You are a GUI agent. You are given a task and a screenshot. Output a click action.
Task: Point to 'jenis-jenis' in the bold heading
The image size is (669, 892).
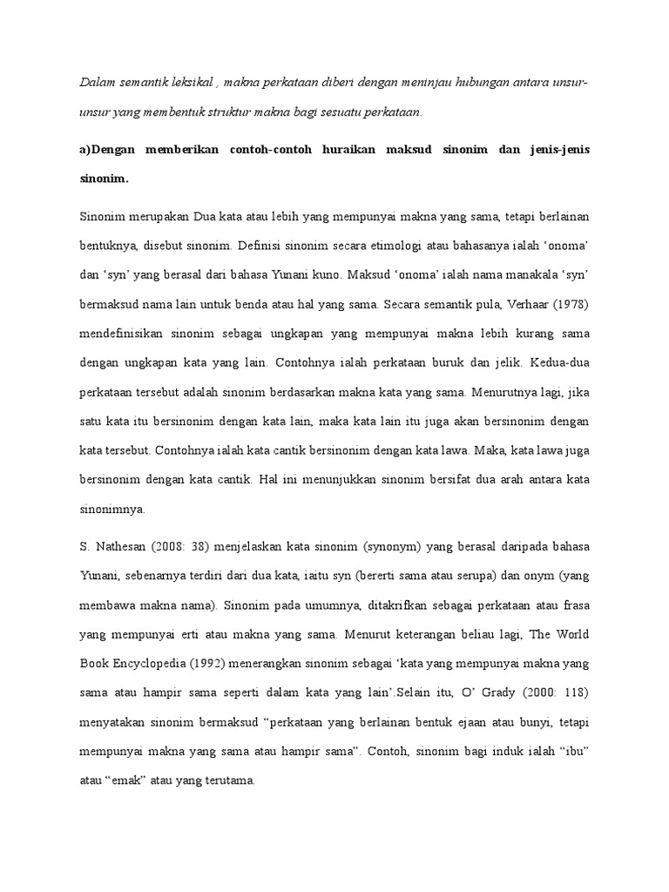pyautogui.click(x=556, y=150)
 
